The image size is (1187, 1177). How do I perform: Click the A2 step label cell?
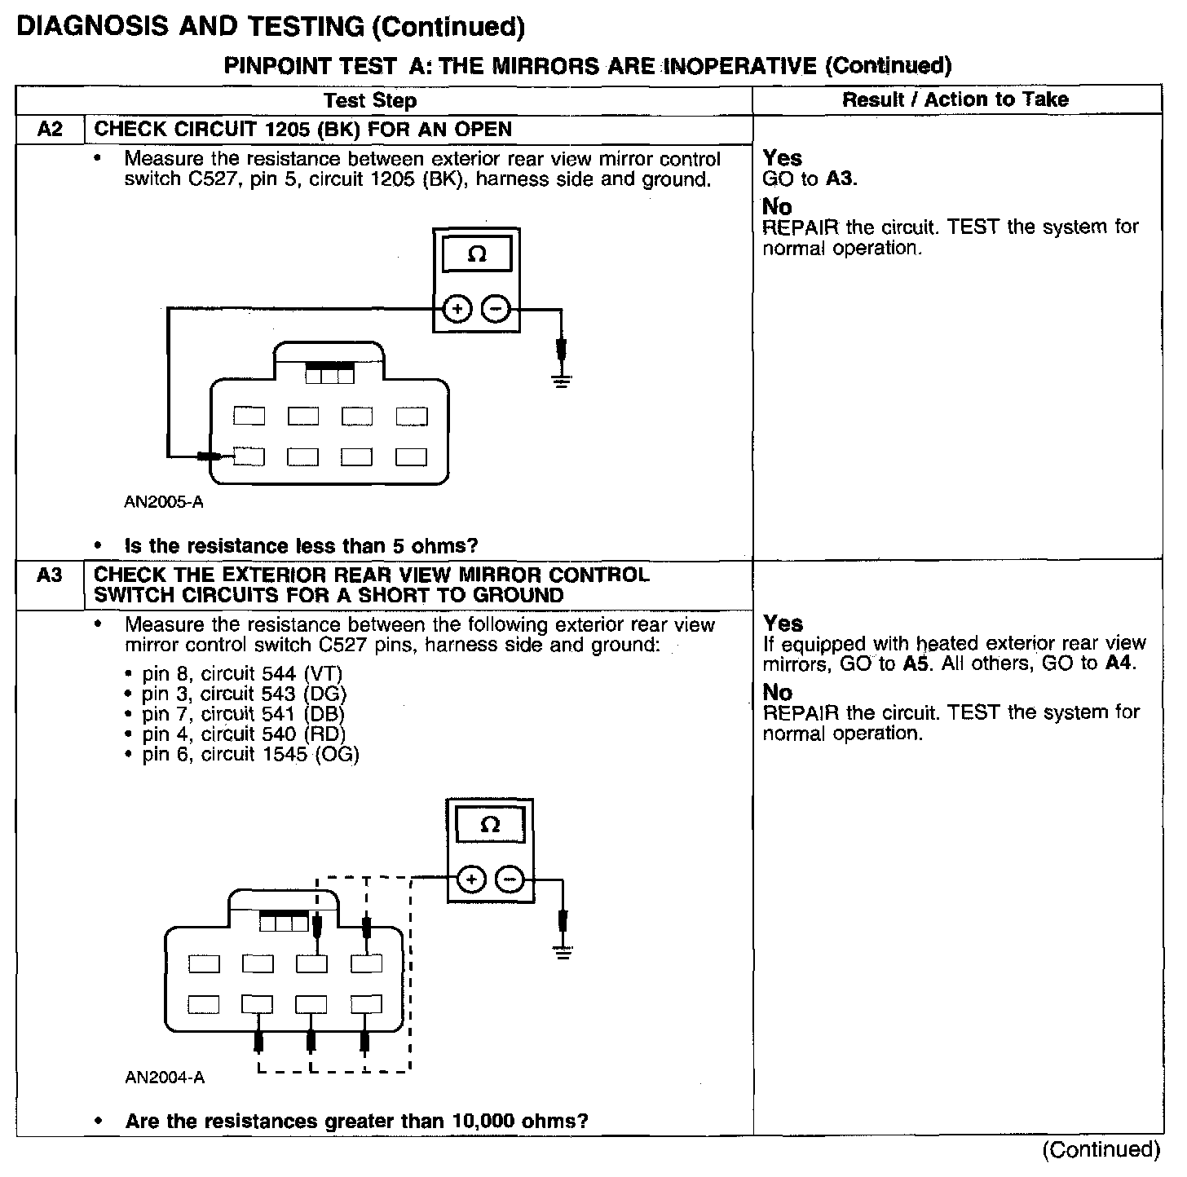[50, 130]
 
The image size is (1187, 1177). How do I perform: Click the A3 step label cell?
[50, 576]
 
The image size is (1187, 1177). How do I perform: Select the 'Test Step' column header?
[370, 100]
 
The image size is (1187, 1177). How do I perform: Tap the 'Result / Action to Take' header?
[955, 99]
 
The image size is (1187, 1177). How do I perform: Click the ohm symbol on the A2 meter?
[477, 254]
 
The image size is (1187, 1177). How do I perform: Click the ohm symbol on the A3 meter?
[490, 825]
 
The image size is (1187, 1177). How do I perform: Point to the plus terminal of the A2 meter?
[457, 309]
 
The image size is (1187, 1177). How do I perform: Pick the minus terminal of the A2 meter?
[496, 309]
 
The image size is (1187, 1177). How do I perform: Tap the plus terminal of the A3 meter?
[472, 879]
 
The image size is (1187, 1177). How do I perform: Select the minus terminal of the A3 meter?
[510, 879]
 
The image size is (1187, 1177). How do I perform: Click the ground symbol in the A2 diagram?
[561, 379]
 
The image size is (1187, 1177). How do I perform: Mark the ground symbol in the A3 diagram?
[563, 950]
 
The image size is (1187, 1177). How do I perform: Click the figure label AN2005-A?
[164, 502]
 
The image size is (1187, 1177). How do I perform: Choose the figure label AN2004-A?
[165, 1078]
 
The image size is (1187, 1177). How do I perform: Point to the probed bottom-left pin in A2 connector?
[249, 456]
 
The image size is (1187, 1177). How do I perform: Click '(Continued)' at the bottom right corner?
[1101, 1149]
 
